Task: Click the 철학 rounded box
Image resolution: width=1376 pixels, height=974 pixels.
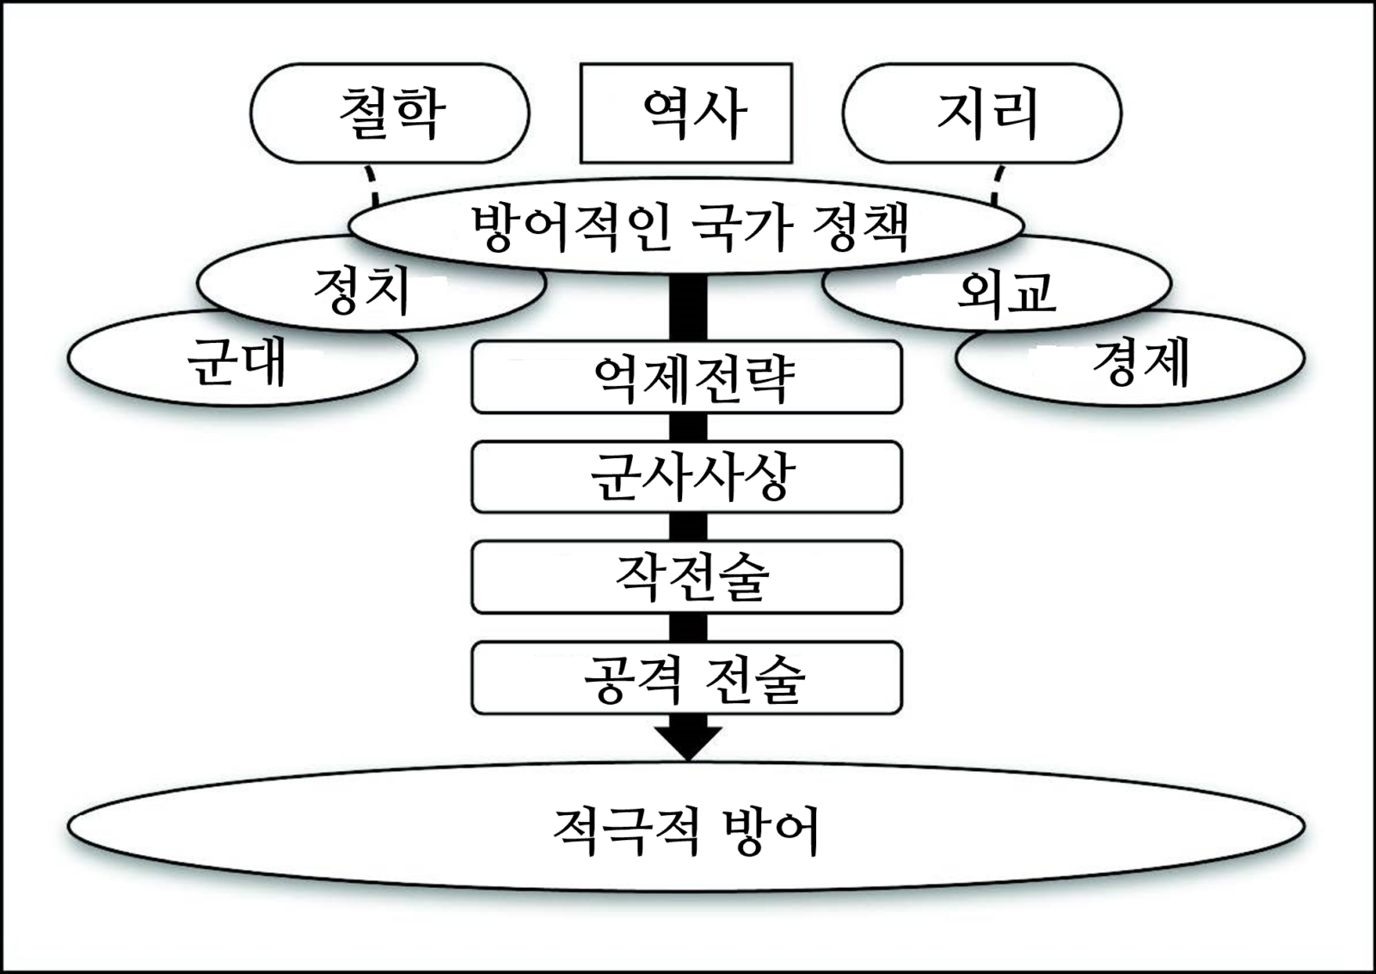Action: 390,113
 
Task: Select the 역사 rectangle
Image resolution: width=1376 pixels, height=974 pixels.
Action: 685,113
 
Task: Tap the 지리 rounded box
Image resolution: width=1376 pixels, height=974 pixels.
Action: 981,113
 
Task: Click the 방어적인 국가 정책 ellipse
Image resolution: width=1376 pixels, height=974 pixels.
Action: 685,227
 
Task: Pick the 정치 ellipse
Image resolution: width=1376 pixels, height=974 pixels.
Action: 361,291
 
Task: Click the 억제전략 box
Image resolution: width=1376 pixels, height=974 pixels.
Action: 686,377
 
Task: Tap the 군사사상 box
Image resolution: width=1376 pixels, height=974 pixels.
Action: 686,477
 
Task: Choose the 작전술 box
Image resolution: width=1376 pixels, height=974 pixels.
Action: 686,577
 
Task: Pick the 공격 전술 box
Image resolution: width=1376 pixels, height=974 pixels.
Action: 686,677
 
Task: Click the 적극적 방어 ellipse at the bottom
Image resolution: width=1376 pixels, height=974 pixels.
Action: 685,828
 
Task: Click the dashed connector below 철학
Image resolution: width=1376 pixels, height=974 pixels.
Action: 370,182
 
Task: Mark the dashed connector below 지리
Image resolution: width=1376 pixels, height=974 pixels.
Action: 998,182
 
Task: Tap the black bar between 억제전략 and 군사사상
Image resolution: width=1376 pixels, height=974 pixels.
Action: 688,427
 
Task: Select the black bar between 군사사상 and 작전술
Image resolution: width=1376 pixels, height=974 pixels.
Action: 688,527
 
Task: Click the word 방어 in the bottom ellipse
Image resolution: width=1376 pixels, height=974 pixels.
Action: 771,830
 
